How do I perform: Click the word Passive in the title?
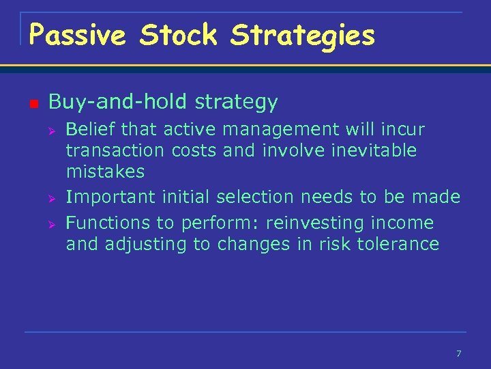pos(77,35)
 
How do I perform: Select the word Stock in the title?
pos(178,35)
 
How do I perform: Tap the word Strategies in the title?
pos(303,35)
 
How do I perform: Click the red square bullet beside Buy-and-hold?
pos(33,103)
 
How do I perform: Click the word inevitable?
pos(373,150)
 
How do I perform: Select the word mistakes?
pos(105,172)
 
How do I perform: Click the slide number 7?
pos(458,353)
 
